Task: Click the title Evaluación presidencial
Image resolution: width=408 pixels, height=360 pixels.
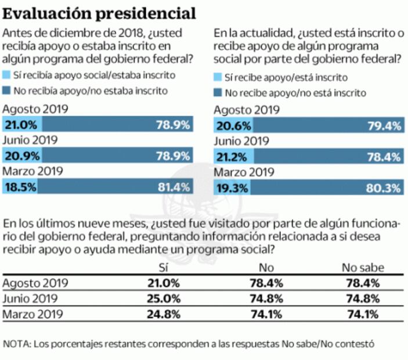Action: (99, 12)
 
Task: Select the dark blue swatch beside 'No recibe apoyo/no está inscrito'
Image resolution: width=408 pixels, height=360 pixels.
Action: (218, 92)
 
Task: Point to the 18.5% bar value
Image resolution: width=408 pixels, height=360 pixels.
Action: (21, 186)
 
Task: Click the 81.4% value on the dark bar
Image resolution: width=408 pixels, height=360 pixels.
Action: (174, 186)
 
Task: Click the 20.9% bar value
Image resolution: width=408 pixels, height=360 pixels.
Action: (21, 156)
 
